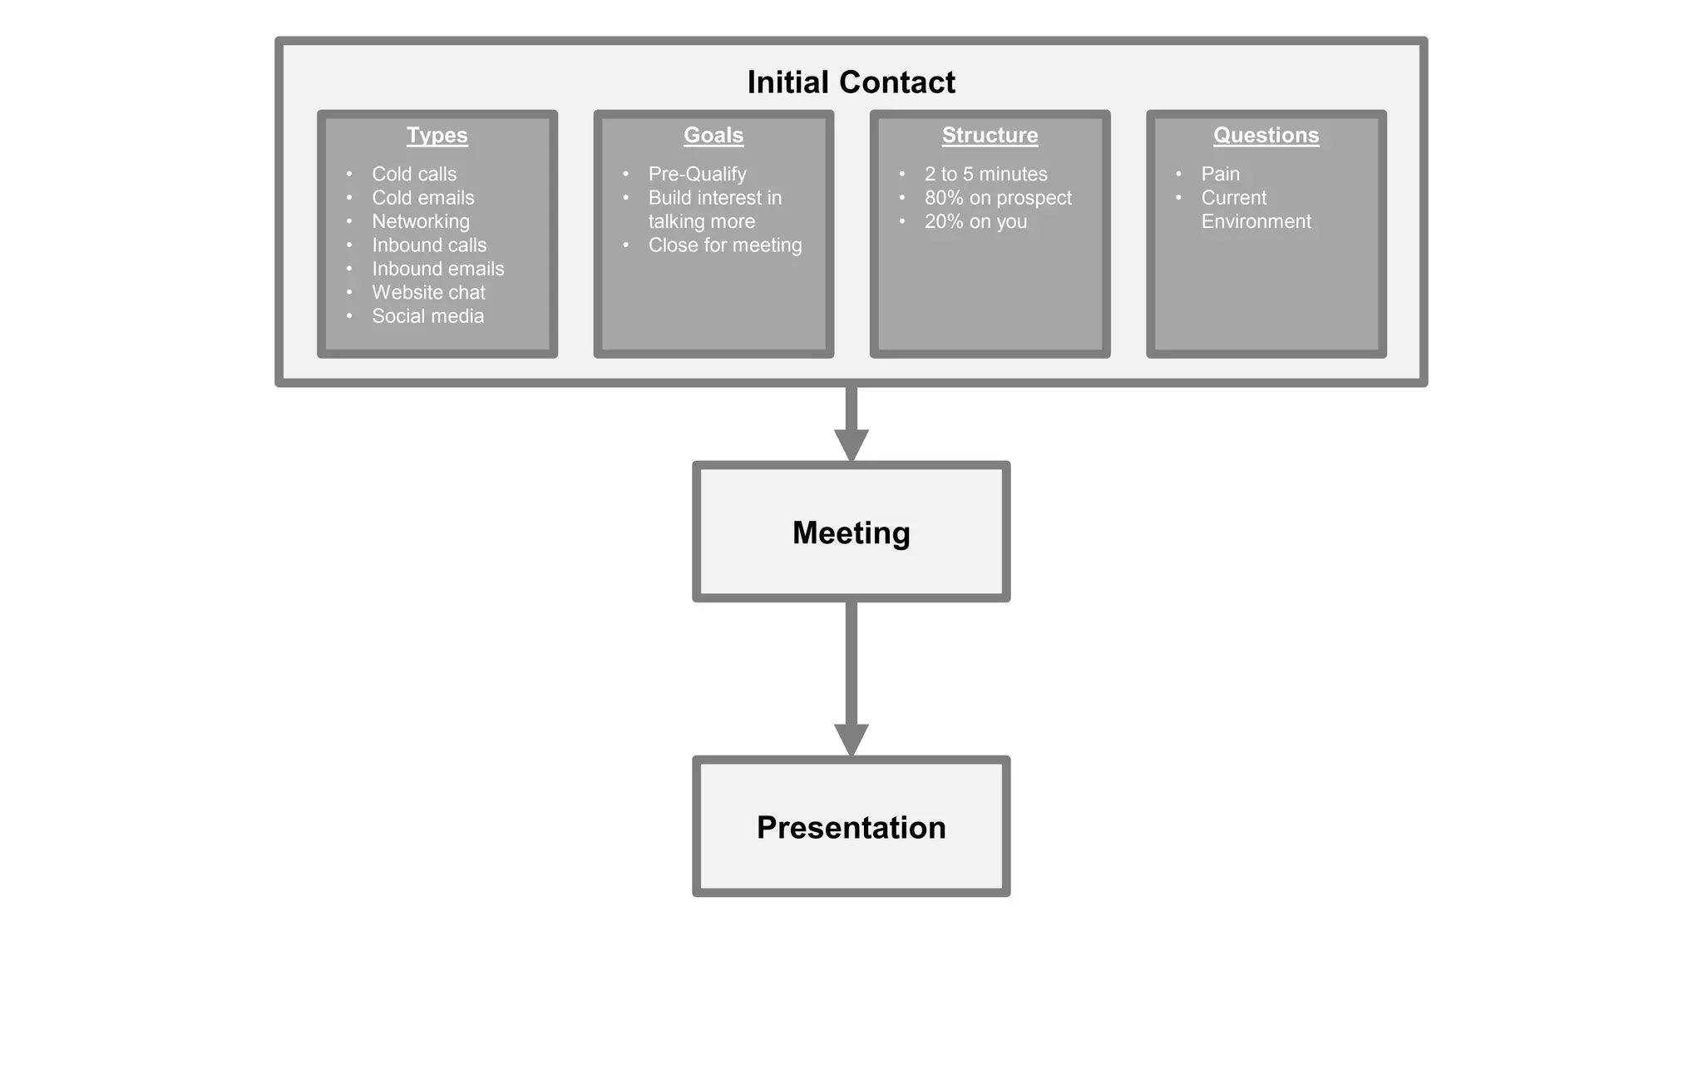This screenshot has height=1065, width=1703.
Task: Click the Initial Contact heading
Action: coord(851,82)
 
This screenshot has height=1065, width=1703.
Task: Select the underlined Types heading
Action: coord(437,135)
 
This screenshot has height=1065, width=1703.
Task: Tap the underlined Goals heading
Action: coord(713,135)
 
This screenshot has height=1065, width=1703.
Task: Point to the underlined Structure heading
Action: coord(990,135)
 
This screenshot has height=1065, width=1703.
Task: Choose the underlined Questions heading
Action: coord(1266,135)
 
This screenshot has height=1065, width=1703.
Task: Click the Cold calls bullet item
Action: coord(414,174)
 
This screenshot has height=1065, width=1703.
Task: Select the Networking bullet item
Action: coord(421,221)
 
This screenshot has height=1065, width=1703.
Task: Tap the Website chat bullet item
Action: coord(428,292)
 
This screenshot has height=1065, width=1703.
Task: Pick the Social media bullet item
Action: coord(427,316)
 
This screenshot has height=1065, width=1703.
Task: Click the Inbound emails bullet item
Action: coord(437,269)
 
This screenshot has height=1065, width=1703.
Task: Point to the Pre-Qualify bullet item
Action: coord(697,174)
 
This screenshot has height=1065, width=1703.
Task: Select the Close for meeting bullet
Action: coord(725,245)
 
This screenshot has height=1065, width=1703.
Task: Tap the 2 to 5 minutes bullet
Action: coord(985,174)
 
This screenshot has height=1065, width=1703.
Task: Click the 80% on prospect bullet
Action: coord(998,198)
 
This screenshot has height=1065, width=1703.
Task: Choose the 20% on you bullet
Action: coord(975,221)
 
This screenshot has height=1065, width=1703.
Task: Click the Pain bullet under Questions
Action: coord(1220,174)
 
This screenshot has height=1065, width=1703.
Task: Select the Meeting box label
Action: coord(851,532)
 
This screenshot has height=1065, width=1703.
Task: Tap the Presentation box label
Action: coord(851,827)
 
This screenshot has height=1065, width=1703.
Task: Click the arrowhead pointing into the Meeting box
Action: coord(851,444)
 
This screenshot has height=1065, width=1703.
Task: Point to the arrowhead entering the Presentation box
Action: coord(851,739)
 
